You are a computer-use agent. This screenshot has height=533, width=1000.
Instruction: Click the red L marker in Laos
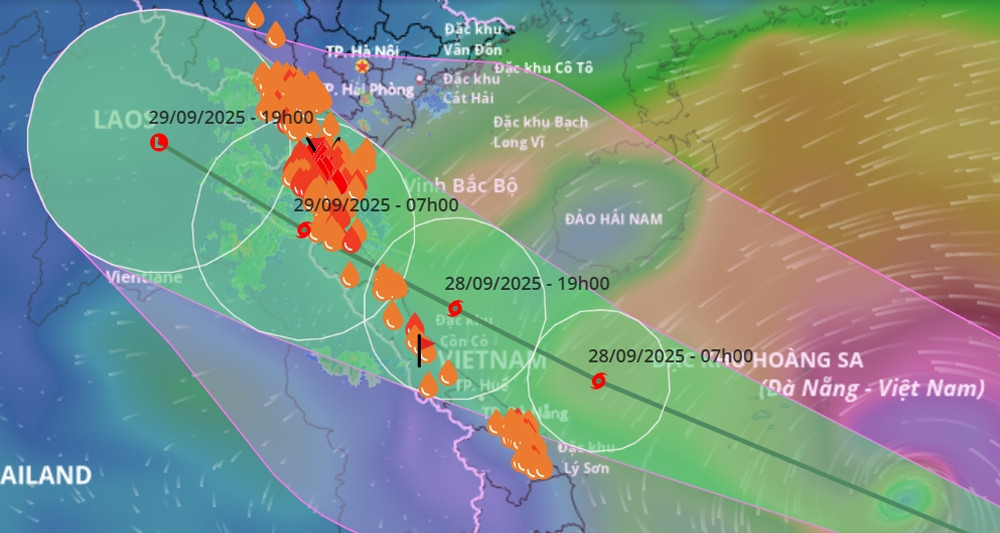pos(158,144)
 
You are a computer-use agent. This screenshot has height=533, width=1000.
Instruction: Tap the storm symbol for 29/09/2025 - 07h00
pos(304,230)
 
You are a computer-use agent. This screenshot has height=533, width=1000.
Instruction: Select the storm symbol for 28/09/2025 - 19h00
pos(456,307)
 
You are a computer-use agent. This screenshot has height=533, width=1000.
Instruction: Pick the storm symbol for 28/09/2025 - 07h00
pos(599,380)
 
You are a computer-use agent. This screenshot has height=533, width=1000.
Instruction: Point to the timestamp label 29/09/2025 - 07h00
pos(376,205)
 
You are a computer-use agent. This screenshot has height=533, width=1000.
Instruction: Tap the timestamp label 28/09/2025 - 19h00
pos(527,283)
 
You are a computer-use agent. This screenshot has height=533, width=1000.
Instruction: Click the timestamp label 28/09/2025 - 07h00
pos(670,356)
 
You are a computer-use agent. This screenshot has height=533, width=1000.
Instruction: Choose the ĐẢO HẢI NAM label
pos(614,219)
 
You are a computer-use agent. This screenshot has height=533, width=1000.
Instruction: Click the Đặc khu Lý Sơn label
pos(585,456)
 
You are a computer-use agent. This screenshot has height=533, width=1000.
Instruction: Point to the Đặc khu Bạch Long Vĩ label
pos(540,132)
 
